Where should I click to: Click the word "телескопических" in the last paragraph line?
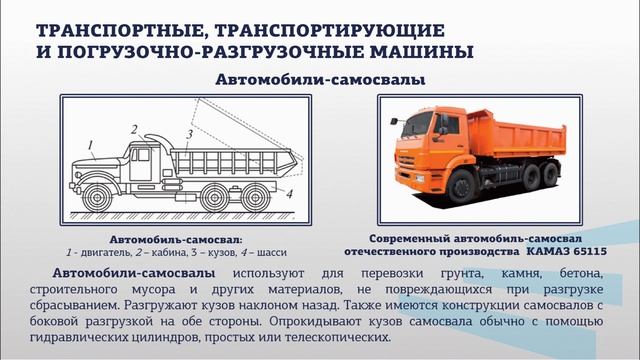[332, 337]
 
